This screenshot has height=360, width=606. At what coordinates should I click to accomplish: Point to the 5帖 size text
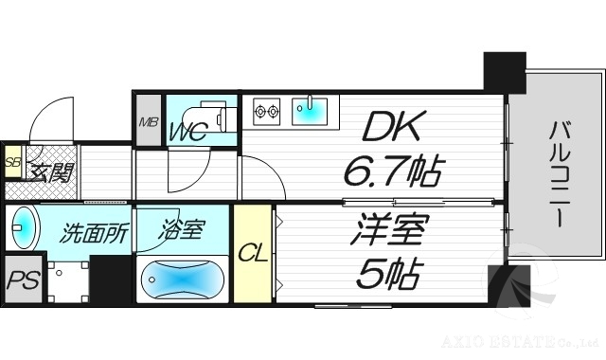(388, 274)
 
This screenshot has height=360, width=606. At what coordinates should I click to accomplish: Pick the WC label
(188, 131)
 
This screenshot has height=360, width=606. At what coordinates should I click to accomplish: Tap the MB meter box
(149, 120)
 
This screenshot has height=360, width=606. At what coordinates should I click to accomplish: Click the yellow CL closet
(252, 253)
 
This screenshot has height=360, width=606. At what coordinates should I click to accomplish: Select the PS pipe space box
(22, 281)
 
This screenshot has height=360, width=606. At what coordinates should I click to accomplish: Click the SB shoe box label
(12, 162)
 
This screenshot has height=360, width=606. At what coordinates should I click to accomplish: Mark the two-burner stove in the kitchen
(266, 110)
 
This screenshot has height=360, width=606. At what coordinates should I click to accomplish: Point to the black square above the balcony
(504, 73)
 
